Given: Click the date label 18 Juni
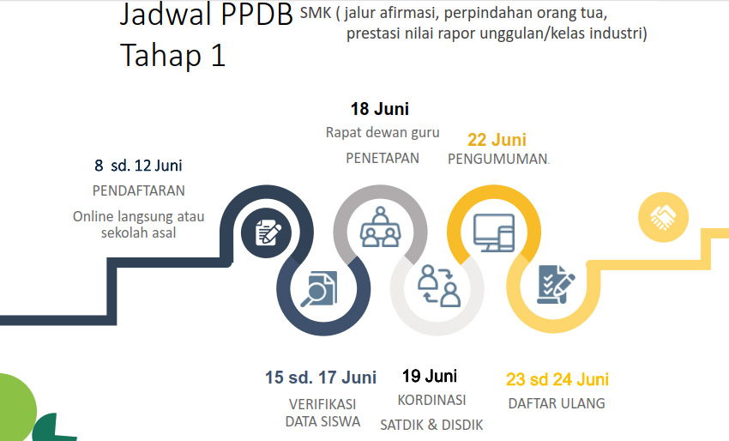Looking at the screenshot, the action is click(x=379, y=109).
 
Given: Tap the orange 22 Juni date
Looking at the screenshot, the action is click(x=497, y=140).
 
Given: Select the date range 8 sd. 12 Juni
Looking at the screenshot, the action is click(x=138, y=165).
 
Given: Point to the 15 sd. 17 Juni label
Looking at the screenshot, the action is click(x=321, y=378).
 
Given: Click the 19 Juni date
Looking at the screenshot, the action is click(x=430, y=376).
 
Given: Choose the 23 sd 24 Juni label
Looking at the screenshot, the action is click(x=557, y=379).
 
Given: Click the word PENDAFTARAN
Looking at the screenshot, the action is click(x=139, y=190).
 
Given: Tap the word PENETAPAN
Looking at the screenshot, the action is click(x=383, y=158).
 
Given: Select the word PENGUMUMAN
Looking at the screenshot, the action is click(x=497, y=159).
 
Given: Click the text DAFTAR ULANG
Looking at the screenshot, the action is click(x=557, y=403).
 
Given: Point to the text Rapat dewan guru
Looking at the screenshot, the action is click(x=383, y=133).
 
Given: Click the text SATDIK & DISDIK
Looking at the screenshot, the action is click(x=431, y=425).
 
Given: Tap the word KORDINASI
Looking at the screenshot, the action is click(x=431, y=400).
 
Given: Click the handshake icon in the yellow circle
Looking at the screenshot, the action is click(x=663, y=217).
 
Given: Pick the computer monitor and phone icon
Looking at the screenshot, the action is click(x=494, y=233).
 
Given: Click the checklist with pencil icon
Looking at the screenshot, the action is click(x=556, y=284).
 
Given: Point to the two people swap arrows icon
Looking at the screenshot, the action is click(x=438, y=286).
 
